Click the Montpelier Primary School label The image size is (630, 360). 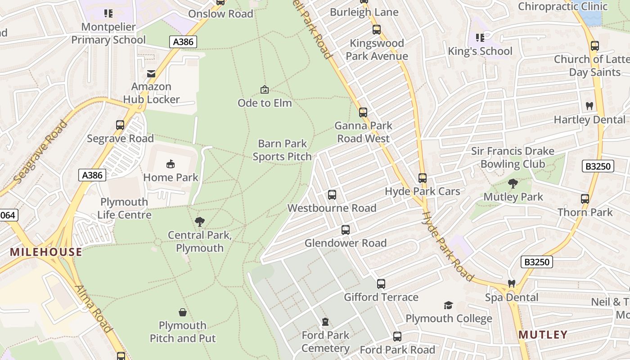click(108, 33)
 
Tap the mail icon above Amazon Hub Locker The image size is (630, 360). click(151, 73)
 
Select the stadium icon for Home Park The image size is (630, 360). click(171, 164)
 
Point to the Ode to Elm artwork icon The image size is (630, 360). click(265, 90)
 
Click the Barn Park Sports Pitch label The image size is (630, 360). click(282, 150)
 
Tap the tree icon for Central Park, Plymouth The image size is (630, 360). click(199, 221)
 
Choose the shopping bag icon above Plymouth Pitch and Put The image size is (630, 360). click(183, 312)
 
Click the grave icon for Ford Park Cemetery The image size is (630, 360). click(325, 322)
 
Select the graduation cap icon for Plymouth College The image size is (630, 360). click(448, 306)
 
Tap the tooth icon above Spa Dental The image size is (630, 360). click(511, 284)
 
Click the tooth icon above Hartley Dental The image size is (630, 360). click(589, 106)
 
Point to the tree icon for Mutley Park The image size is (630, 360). click(513, 184)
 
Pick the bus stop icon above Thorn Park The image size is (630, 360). click(585, 199)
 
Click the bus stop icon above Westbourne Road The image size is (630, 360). click(332, 195)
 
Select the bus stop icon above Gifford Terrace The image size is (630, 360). click(381, 284)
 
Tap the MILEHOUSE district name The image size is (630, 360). click(46, 252)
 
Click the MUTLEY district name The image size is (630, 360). click(543, 335)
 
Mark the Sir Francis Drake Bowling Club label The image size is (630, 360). click(513, 157)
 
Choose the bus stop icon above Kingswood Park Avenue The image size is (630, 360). click(377, 30)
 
